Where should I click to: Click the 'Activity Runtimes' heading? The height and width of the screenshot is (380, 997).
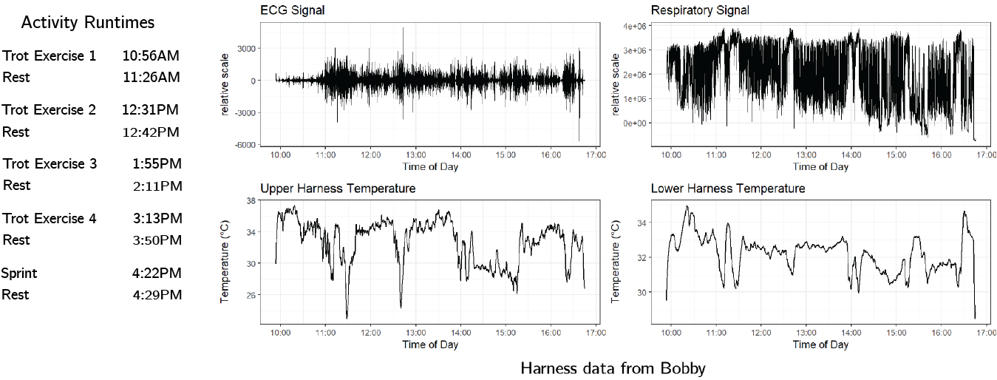pyautogui.click(x=88, y=23)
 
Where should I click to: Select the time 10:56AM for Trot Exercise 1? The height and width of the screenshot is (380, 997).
pyautogui.click(x=151, y=55)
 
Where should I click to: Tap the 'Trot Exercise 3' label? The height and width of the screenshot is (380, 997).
pyautogui.click(x=50, y=163)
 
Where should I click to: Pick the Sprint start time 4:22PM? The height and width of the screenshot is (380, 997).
pyautogui.click(x=157, y=274)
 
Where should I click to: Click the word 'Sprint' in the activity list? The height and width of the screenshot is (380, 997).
pyautogui.click(x=20, y=274)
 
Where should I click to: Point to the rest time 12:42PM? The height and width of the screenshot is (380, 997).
pyautogui.click(x=151, y=132)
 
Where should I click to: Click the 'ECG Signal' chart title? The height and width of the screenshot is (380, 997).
pyautogui.click(x=293, y=10)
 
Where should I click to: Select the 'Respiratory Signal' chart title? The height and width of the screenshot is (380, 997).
pyautogui.click(x=700, y=10)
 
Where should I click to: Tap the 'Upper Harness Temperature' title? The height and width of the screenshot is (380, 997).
pyautogui.click(x=338, y=189)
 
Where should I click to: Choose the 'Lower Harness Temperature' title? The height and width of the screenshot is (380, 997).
pyautogui.click(x=728, y=189)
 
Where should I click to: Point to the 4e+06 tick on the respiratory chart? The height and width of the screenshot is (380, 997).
pyautogui.click(x=633, y=27)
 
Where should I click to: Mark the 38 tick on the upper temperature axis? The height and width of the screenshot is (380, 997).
pyautogui.click(x=250, y=200)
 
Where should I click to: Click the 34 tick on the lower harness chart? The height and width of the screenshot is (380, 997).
pyautogui.click(x=640, y=223)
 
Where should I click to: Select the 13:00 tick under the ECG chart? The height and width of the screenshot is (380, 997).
pyautogui.click(x=415, y=155)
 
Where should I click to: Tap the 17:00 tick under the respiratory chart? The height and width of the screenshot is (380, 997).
pyautogui.click(x=986, y=155)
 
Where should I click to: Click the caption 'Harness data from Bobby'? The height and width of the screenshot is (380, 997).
pyautogui.click(x=613, y=368)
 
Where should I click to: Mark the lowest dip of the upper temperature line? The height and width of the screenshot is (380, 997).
pyautogui.click(x=347, y=317)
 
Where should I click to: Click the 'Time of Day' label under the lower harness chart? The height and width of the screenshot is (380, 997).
pyautogui.click(x=820, y=345)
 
